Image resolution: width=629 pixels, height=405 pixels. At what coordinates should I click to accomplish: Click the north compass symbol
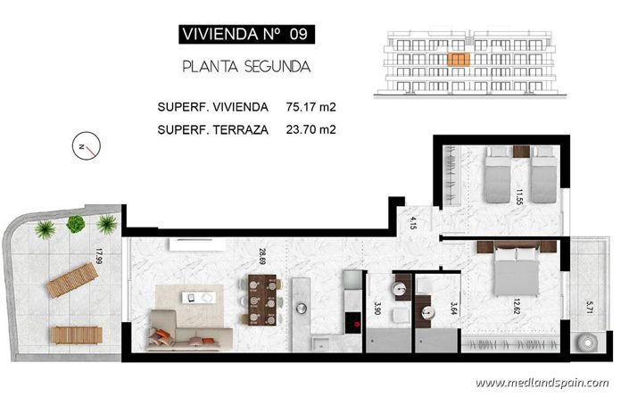(x=87, y=146)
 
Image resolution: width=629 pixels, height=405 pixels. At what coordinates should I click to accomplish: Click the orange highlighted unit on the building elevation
(x=458, y=60)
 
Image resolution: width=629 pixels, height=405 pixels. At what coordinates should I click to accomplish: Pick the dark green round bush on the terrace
(x=76, y=224)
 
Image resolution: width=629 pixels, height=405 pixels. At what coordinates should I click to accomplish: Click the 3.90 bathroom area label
(x=377, y=309)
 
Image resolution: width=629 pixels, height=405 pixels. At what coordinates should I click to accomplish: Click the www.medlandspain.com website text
(x=542, y=383)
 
